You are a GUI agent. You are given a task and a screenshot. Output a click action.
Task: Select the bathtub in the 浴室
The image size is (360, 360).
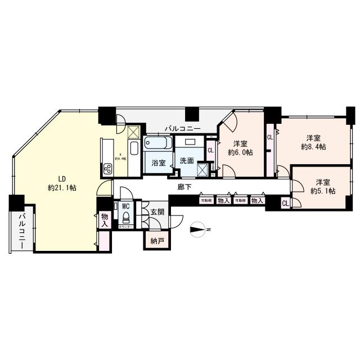click(155, 144)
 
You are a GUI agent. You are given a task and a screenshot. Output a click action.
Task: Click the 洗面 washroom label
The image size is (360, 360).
click(187, 161)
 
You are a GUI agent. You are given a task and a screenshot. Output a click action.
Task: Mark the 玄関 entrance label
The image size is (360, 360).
click(157, 212)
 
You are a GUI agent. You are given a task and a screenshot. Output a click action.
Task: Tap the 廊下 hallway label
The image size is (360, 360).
click(184, 186)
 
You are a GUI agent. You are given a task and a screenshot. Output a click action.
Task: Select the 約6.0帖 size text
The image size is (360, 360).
click(240, 152)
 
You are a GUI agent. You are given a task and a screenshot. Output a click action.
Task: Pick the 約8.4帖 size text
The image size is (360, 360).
click(314, 147)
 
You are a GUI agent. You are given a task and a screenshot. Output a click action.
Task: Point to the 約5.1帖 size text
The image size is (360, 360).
click(323, 191)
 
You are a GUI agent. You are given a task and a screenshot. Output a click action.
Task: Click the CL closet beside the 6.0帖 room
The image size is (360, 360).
click(210, 150)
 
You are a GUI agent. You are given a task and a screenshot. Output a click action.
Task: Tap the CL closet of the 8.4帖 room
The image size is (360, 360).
click(271, 137)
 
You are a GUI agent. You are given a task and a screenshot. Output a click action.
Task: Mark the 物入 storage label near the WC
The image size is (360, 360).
click(104, 219)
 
